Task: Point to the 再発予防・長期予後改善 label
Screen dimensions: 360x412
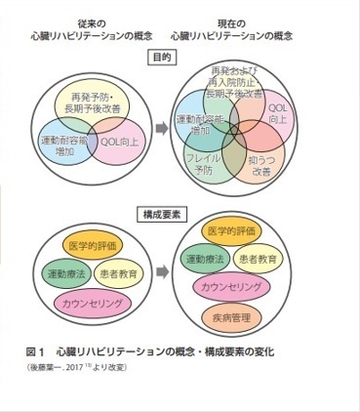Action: [97, 101]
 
